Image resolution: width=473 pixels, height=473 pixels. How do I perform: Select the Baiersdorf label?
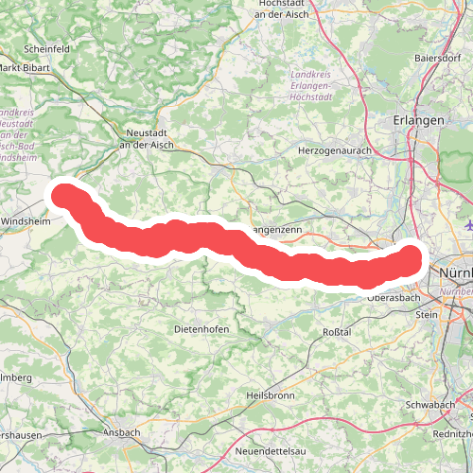437,58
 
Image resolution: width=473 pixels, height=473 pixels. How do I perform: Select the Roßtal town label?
338,332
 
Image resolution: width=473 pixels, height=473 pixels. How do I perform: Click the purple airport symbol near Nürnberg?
469,224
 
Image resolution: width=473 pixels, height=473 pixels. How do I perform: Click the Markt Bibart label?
24,67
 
